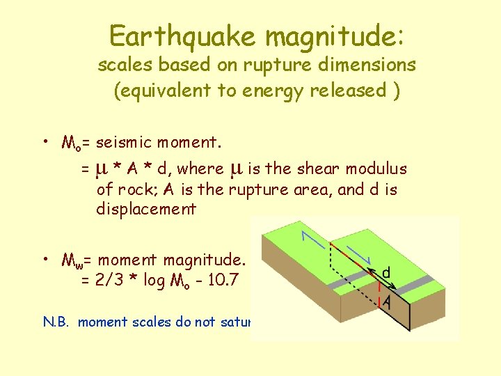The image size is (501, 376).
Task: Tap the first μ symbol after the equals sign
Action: pos(100,169)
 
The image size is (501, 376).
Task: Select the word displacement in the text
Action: pos(146,209)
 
